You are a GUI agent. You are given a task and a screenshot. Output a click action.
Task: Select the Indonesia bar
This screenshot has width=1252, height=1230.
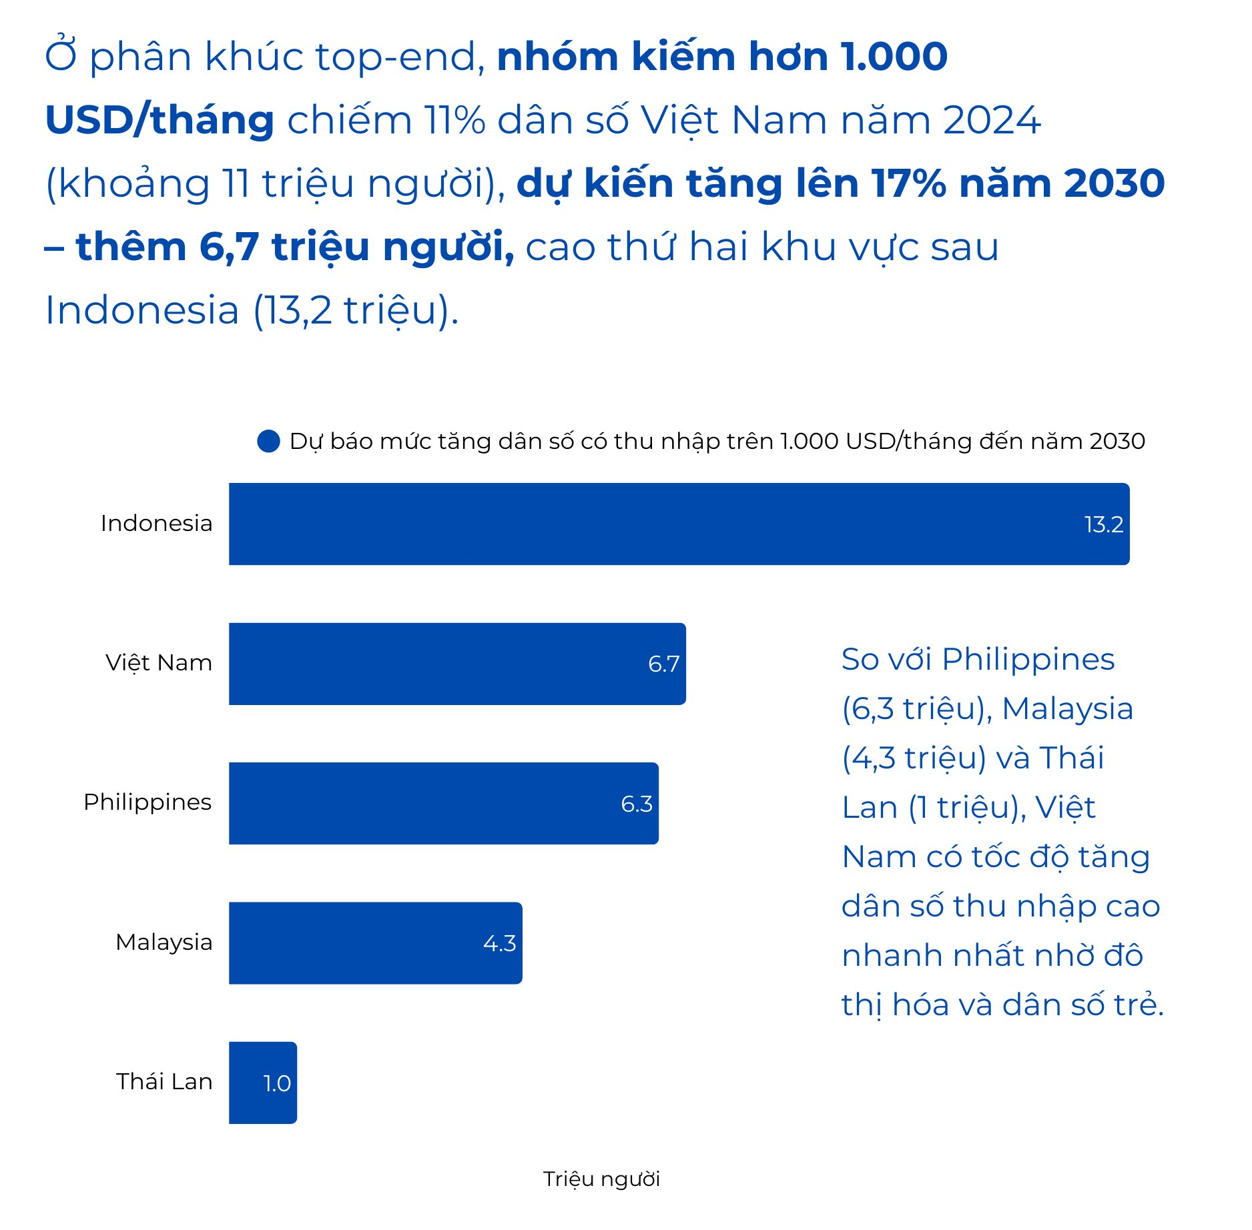point(678,524)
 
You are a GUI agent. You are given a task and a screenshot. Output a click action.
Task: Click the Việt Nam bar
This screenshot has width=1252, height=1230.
point(457,664)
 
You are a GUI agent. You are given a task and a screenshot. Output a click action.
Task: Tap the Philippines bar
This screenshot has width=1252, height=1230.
point(443,803)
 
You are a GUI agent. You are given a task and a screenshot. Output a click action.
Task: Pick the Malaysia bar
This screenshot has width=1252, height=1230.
point(375,943)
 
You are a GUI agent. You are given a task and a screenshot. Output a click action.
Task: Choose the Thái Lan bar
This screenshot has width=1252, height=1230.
point(262,1082)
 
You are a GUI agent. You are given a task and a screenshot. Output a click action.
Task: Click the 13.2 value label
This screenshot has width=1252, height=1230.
point(1103,525)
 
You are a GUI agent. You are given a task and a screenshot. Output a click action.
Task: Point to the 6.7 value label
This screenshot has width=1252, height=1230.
point(663,664)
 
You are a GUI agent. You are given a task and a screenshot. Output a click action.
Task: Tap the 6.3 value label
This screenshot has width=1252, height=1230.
point(636,804)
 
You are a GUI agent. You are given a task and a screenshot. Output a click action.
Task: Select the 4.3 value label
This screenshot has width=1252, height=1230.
point(499,943)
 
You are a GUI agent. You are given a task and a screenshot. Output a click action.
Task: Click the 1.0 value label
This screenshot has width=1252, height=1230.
point(276,1083)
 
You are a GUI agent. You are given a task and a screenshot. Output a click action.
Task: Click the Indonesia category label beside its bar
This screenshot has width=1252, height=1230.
point(156,524)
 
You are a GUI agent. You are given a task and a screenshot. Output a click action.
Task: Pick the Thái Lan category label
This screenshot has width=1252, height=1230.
point(164,1081)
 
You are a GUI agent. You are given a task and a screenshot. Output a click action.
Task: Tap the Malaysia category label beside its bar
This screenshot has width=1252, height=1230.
point(164,942)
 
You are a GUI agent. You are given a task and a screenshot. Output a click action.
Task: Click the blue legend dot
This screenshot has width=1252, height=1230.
point(268,441)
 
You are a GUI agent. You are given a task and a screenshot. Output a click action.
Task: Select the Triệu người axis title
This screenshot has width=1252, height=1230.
point(601,1179)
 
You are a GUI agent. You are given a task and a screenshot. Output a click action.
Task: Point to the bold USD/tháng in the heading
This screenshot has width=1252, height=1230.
point(160,120)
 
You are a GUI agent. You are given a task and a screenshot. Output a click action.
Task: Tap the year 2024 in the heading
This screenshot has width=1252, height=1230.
point(992,120)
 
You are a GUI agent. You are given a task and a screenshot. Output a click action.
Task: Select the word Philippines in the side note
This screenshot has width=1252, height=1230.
point(1028,660)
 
